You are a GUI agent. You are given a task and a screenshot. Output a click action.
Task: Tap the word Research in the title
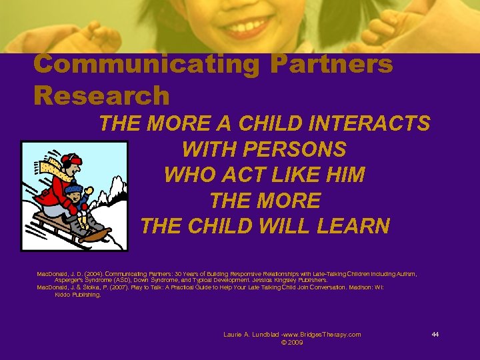[x=101, y=95]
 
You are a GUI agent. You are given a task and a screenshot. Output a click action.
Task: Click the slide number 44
[x=435, y=334]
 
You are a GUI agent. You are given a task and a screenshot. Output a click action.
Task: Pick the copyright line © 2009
[x=293, y=342]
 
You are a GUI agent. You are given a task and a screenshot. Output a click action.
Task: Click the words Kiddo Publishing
[x=77, y=294]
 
